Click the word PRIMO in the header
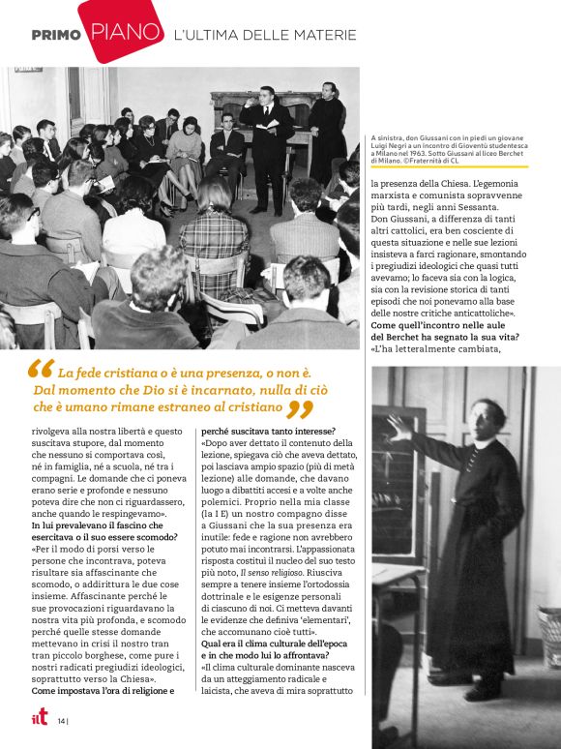(x=55, y=35)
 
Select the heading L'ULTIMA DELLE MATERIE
(x=265, y=36)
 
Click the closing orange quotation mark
(x=301, y=410)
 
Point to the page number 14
(x=61, y=720)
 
